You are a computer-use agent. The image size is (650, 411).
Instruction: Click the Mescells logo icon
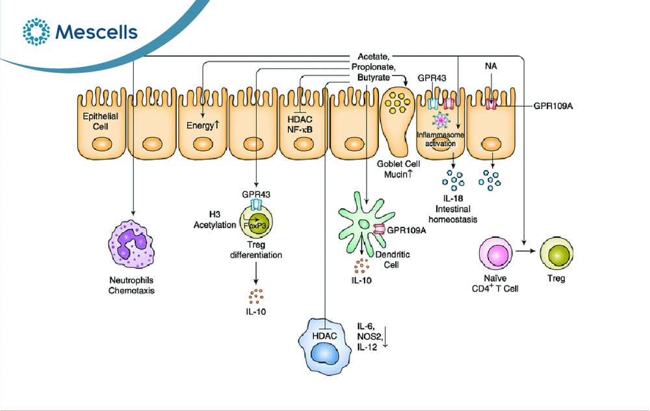[36, 31]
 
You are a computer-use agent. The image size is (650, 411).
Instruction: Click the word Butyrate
[374, 77]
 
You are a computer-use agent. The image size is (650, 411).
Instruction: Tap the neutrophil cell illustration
[131, 245]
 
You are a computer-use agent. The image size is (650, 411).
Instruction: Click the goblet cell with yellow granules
[398, 120]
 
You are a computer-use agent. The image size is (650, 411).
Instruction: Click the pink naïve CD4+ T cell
[495, 252]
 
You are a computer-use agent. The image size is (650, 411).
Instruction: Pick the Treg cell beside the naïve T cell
[556, 252]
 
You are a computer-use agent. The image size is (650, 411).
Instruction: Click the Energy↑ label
[203, 125]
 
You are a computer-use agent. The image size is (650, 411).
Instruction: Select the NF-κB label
[300, 129]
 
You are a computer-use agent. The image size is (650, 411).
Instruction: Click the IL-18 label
[452, 198]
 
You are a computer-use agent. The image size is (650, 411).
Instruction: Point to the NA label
[491, 66]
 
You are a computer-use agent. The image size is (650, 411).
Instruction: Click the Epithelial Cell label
[100, 121]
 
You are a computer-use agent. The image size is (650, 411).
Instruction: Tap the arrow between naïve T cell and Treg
[526, 251]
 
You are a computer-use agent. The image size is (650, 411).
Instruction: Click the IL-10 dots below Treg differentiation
[255, 296]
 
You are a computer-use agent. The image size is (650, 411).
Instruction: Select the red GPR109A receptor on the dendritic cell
[380, 230]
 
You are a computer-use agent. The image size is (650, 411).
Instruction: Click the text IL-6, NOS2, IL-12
[368, 337]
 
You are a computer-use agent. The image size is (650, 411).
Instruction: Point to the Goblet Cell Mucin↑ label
[398, 169]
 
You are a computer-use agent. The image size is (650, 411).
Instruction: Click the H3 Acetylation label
[214, 219]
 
